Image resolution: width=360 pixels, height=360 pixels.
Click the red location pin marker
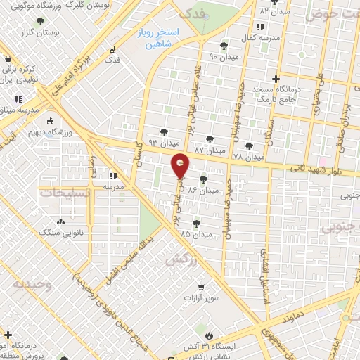click(180, 167)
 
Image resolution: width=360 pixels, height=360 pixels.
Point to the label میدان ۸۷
click(208, 150)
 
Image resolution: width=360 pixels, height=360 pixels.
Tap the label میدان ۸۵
click(195, 233)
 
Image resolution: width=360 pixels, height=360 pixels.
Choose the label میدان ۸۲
click(274, 12)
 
